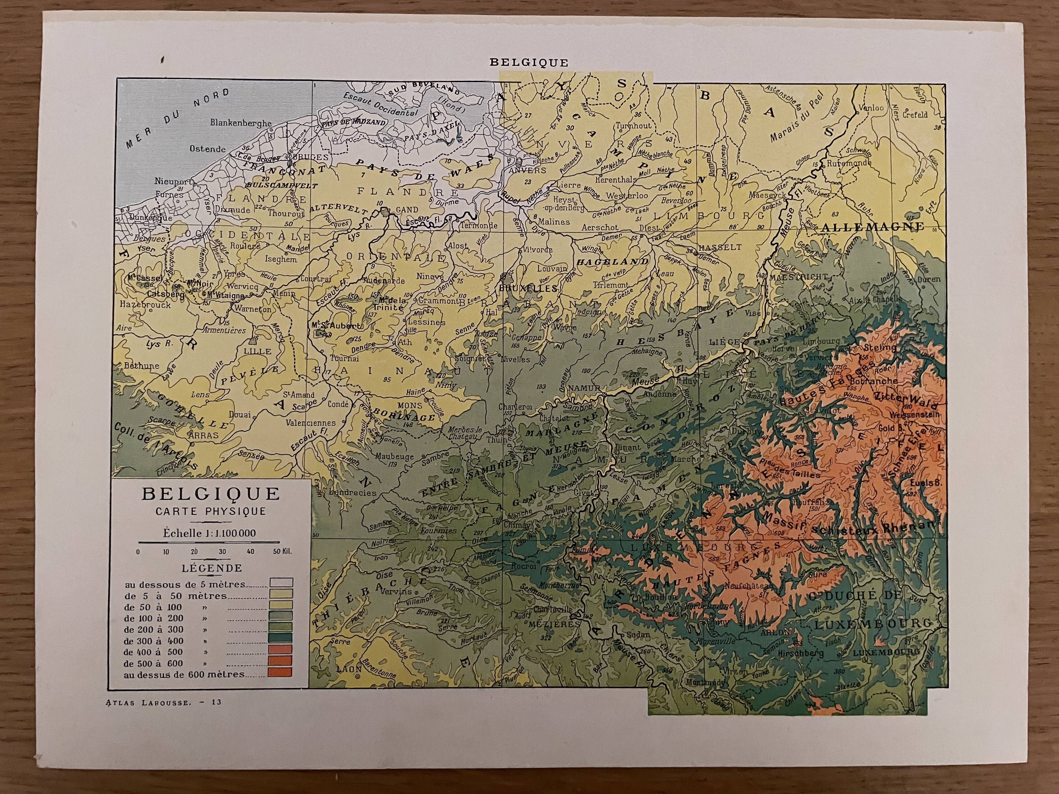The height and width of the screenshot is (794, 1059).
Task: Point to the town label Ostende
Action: pyautogui.click(x=207, y=149)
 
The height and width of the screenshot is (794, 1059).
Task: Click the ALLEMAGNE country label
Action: pyautogui.click(x=872, y=227)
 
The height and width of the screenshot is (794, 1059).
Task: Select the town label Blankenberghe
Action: pyautogui.click(x=241, y=123)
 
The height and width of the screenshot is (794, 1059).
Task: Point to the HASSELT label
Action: pyautogui.click(x=720, y=247)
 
